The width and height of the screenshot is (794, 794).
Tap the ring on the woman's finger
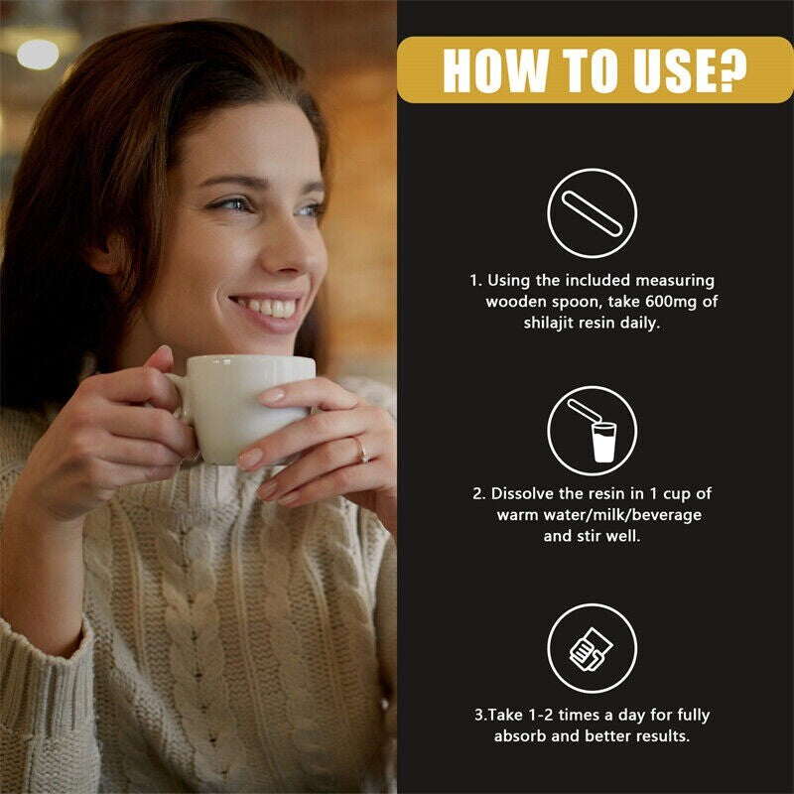[x=360, y=450]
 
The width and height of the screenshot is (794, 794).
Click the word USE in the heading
[x=667, y=70]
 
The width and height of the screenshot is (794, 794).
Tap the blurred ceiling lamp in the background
[x=38, y=54]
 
